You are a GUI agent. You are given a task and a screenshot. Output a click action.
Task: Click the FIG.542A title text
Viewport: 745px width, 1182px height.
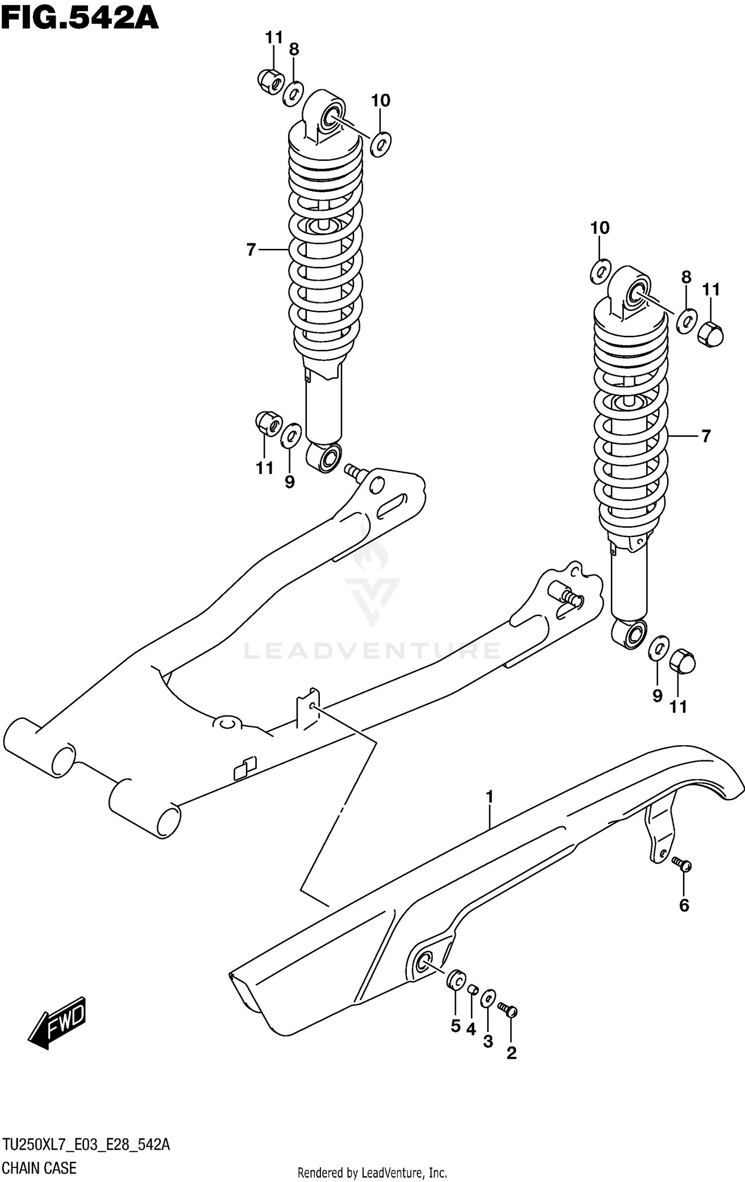79,19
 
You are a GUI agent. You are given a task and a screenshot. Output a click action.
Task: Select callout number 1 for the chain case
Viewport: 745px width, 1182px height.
490,797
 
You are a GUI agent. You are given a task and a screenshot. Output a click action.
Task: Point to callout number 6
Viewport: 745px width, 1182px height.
684,906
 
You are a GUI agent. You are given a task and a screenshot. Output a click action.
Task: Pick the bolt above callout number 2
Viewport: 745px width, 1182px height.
508,1010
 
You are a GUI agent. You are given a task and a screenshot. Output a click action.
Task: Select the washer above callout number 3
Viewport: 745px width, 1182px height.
488,998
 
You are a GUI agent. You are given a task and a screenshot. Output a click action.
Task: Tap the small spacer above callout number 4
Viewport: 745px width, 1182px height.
472,990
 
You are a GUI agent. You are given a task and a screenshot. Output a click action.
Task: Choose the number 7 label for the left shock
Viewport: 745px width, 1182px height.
251,249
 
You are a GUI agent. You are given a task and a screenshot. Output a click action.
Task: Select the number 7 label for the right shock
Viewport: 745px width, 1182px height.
706,436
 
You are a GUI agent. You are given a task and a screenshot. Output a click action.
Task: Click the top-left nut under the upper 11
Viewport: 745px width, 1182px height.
271,80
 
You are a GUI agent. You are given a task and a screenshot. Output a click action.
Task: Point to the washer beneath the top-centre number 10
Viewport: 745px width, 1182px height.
381,145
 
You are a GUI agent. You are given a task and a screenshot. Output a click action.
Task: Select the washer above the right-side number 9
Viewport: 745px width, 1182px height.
659,648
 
